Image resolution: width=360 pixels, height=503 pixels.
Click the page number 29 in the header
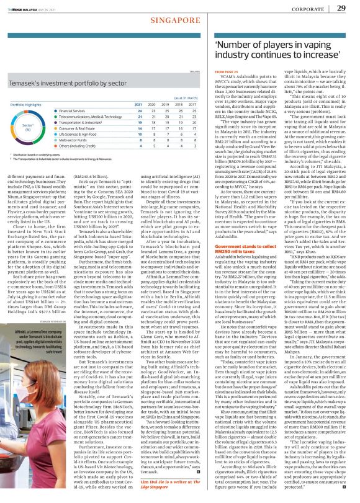[341, 7]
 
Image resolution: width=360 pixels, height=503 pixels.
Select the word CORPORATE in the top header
[307, 8]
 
